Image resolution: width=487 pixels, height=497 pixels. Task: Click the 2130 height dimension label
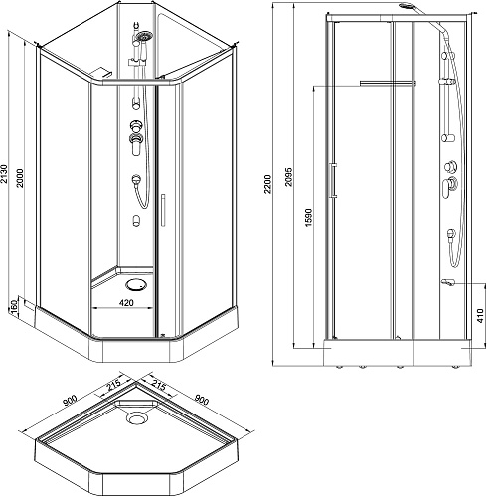(4, 173)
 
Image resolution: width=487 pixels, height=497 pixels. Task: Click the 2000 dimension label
(20, 178)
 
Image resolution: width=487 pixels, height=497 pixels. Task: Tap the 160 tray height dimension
(14, 307)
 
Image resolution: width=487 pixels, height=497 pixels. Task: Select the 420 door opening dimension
(126, 303)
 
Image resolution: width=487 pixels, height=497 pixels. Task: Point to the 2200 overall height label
(267, 184)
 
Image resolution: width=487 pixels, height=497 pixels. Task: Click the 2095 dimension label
(289, 177)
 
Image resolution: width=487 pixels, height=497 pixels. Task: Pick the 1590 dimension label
(308, 218)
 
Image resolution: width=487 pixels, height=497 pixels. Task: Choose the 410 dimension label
(481, 315)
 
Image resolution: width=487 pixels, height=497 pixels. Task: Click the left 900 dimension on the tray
(71, 401)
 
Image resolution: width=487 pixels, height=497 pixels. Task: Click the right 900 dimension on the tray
(201, 400)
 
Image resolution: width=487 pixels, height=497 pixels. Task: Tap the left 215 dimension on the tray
(113, 385)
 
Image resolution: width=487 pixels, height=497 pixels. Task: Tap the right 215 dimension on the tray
(159, 386)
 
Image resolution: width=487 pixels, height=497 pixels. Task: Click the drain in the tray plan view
(136, 418)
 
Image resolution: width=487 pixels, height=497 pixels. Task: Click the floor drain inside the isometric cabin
(136, 285)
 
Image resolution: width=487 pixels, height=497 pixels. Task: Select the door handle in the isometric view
(163, 210)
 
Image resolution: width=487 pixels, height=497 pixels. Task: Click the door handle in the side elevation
(333, 181)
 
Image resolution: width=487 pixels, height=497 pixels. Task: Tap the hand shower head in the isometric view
(145, 36)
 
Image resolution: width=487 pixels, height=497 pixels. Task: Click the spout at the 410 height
(448, 282)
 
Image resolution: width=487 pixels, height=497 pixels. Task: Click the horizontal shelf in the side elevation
(388, 83)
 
